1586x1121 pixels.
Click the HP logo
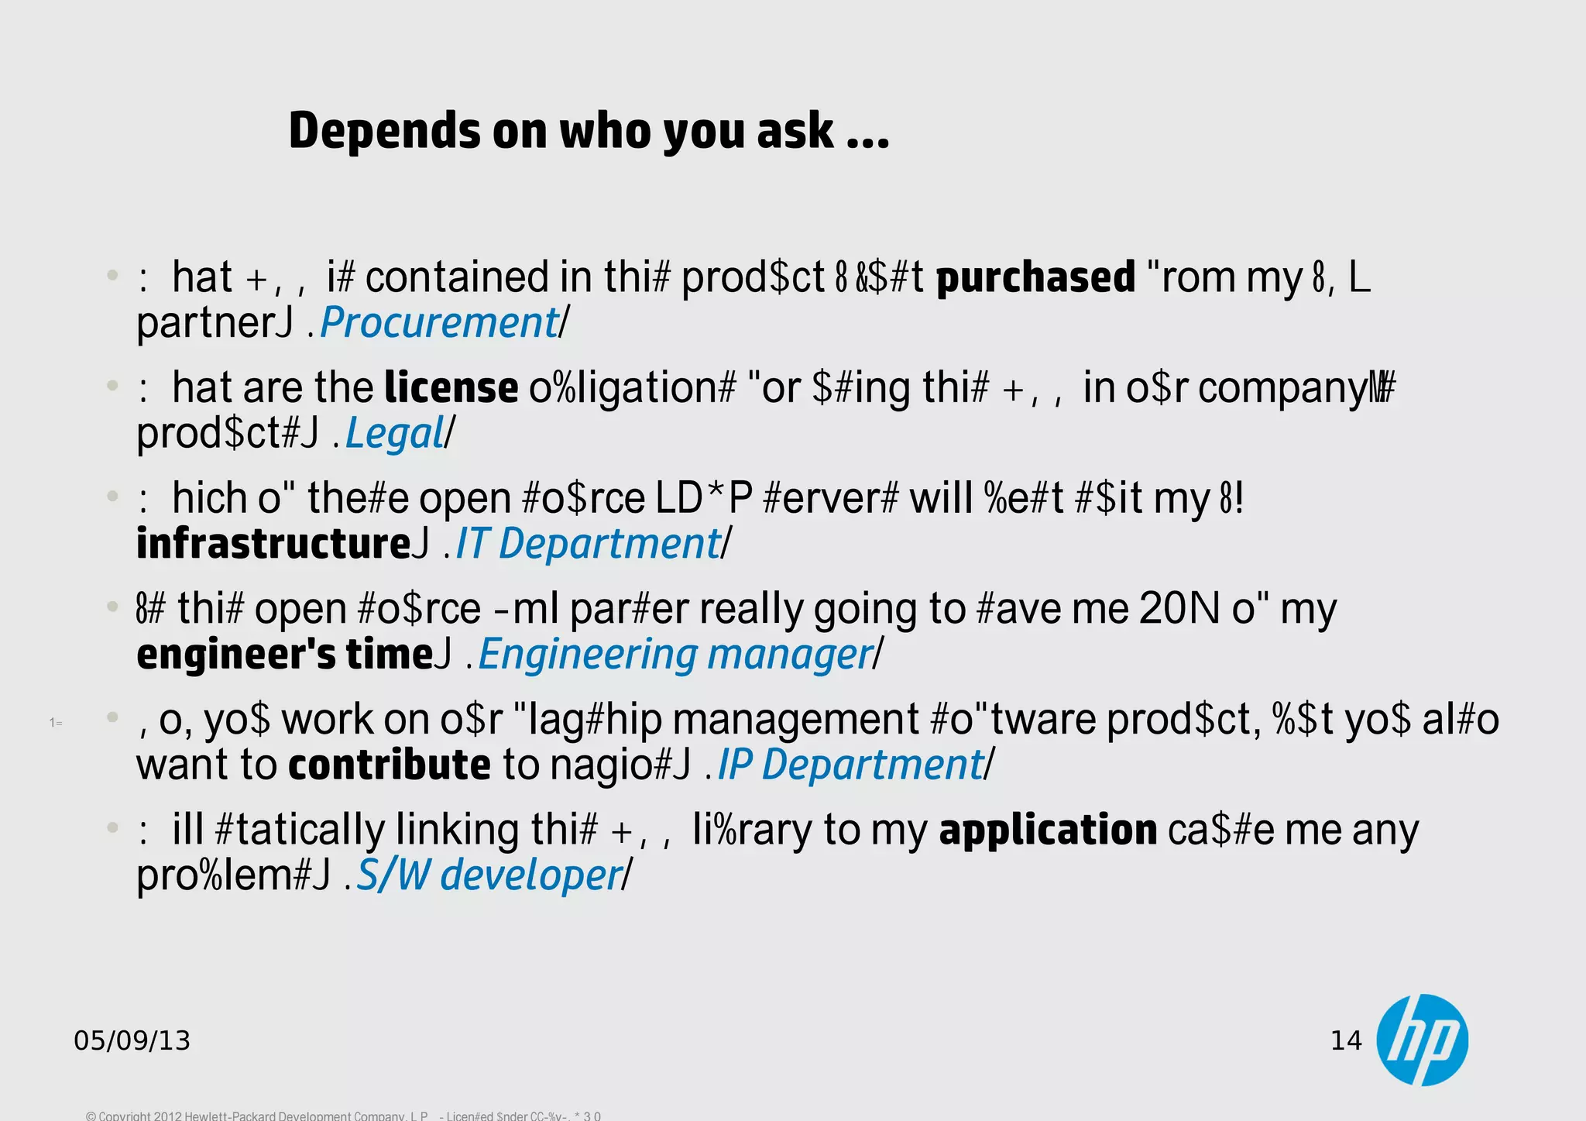point(1423,1040)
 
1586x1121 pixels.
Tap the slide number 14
point(1346,1040)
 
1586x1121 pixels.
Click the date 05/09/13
point(132,1040)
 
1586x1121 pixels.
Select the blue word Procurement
point(439,322)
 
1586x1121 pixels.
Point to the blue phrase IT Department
point(588,544)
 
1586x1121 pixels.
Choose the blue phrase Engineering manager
point(675,655)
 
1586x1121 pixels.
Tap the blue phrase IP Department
point(850,765)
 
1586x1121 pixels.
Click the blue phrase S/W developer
point(489,875)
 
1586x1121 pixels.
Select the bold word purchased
point(1035,277)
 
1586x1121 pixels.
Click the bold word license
point(451,387)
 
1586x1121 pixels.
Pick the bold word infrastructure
point(273,544)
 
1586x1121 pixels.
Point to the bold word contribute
point(390,765)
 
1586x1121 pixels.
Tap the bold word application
point(1048,830)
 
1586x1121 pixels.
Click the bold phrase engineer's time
point(284,655)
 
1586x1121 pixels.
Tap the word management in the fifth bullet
point(795,719)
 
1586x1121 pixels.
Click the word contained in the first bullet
point(456,277)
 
